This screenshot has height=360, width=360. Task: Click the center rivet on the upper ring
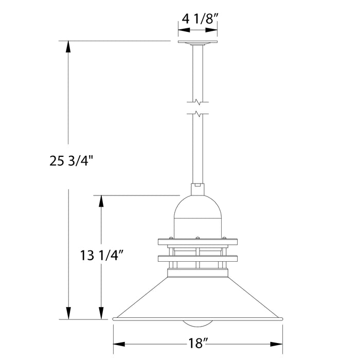click(x=197, y=238)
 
